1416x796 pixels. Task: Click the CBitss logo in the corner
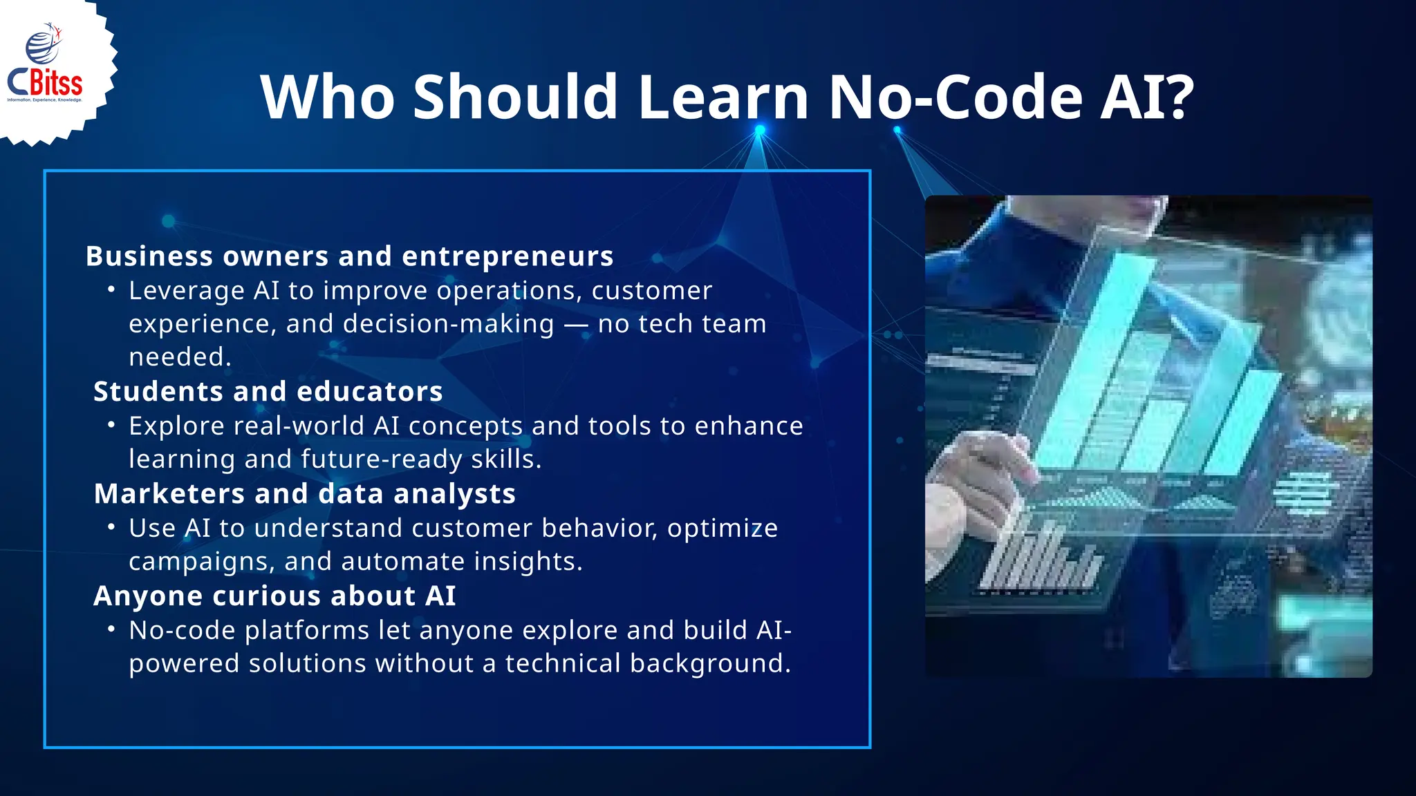click(46, 69)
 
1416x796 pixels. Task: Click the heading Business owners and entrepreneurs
click(349, 256)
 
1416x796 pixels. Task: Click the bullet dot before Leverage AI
click(111, 290)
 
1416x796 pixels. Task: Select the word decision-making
click(420, 324)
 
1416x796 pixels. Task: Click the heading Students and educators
click(268, 392)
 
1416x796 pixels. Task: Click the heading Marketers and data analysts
click(304, 494)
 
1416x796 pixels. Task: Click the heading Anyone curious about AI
click(274, 596)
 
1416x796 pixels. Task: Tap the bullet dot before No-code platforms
click(111, 629)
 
